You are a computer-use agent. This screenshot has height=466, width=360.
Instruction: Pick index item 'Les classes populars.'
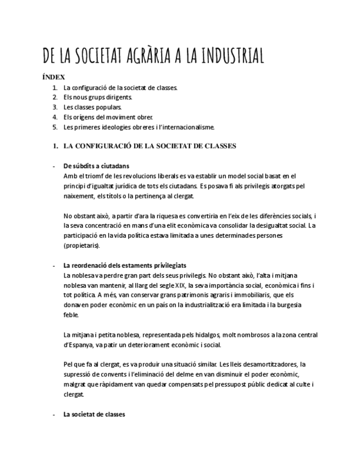click(92, 107)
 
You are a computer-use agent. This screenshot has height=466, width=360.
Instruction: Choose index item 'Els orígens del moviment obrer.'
click(108, 117)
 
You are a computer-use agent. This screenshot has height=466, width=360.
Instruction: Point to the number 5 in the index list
click(55, 127)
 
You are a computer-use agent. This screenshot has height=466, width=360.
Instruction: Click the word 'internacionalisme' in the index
click(187, 127)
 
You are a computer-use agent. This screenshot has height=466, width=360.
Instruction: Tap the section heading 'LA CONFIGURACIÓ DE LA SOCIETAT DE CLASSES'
click(149, 146)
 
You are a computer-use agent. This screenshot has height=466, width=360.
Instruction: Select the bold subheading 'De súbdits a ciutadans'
click(96, 166)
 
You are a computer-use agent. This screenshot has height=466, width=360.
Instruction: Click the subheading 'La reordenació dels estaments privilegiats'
click(125, 265)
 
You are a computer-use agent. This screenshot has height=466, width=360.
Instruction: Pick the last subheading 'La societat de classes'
click(95, 414)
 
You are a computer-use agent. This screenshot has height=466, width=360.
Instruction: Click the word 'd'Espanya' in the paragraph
click(77, 344)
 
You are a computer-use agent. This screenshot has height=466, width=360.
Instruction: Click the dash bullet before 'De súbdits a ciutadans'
click(53, 166)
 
